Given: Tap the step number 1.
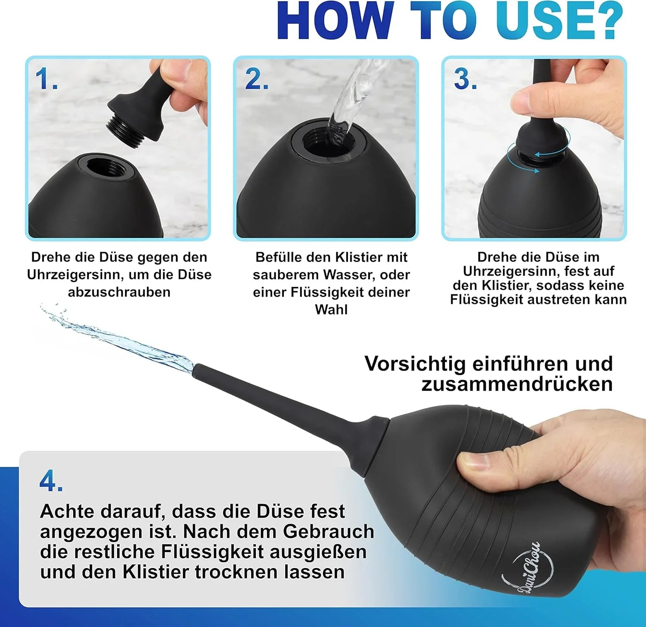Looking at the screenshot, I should (46, 80).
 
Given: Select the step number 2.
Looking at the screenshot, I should (257, 80).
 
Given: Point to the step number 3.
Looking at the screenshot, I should (465, 80).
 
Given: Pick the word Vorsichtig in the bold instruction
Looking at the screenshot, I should (415, 364).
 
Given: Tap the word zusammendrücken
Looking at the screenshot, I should (517, 384).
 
